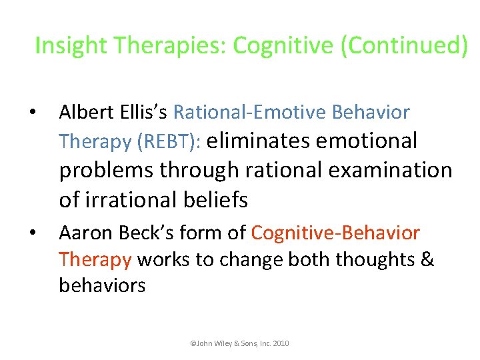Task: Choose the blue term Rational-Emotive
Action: [x=258, y=113]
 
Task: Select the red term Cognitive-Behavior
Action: [x=335, y=233]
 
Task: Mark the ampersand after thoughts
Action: [x=427, y=259]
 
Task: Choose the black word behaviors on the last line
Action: [x=102, y=285]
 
